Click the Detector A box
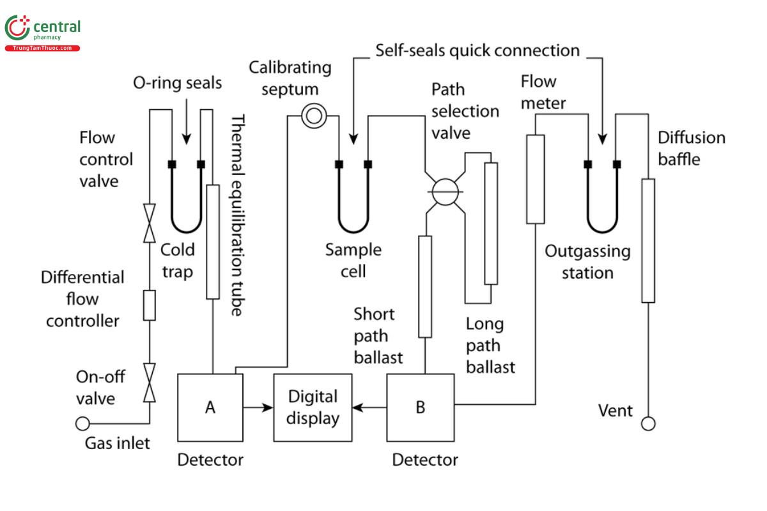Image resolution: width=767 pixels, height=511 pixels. (210, 408)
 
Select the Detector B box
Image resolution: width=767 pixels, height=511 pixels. (420, 408)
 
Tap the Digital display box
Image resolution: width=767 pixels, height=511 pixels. (313, 408)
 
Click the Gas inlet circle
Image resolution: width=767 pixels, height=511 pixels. (82, 423)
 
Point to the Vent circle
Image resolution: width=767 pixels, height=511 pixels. (648, 423)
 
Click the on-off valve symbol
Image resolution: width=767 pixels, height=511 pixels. (150, 383)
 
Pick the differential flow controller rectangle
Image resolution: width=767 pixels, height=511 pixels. (150, 305)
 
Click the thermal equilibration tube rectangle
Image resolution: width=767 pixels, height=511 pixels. (213, 241)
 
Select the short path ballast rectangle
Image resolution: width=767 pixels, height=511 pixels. (424, 286)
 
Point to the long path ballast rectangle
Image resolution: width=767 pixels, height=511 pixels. (491, 223)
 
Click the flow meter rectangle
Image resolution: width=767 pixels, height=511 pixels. (535, 179)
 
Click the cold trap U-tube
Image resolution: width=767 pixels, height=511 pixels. (186, 211)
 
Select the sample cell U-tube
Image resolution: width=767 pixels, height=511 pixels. (353, 211)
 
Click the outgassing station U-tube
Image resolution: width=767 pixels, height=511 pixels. (601, 211)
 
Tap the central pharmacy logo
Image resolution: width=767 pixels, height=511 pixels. (43, 33)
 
